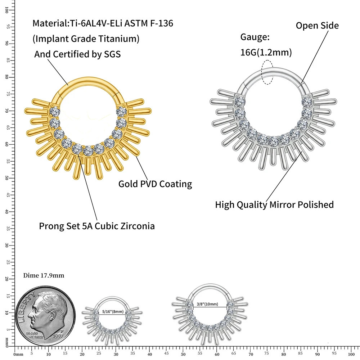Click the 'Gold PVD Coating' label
pyautogui.click(x=155, y=184)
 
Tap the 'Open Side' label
pyautogui.click(x=317, y=26)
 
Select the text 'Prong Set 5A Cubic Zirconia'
pyautogui.click(x=97, y=226)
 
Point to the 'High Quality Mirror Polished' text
pyautogui.click(x=274, y=204)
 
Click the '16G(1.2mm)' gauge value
pyautogui.click(x=266, y=53)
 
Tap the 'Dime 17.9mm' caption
pyautogui.click(x=44, y=275)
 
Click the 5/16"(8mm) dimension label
pyautogui.click(x=112, y=311)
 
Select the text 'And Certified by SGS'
pyautogui.click(x=77, y=54)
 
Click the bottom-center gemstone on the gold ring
pyautogui.click(x=88, y=151)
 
